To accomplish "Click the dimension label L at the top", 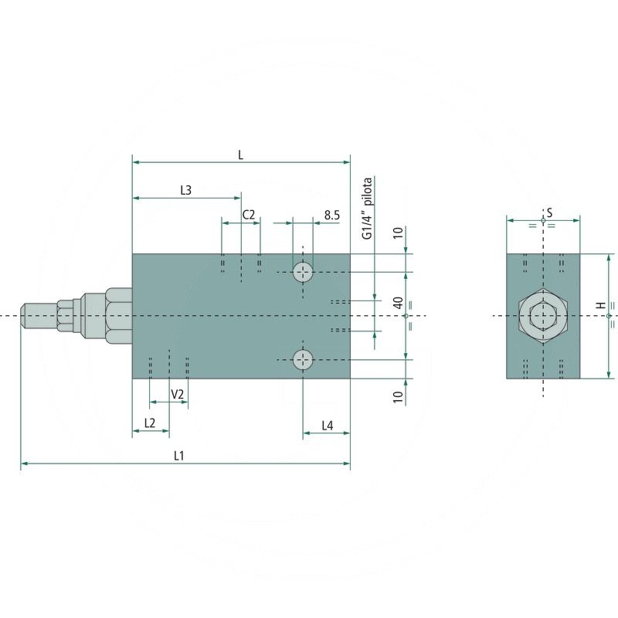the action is [x=240, y=155].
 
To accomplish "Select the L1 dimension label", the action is [x=179, y=456].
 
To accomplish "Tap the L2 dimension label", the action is [x=150, y=423].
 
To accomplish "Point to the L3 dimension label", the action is [x=185, y=190].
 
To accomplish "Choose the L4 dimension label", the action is [x=327, y=426].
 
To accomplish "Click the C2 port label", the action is [x=248, y=215].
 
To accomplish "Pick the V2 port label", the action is [x=178, y=394].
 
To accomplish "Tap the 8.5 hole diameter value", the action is [x=332, y=216].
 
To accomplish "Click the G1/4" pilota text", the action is [x=368, y=208].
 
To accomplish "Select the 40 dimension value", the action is [x=399, y=303].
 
